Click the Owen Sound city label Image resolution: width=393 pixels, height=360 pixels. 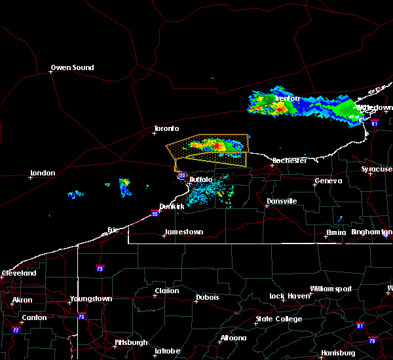pyautogui.click(x=73, y=67)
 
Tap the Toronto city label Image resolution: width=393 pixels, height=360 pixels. pyautogui.click(x=166, y=128)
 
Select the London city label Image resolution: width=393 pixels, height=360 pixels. pyautogui.click(x=43, y=173)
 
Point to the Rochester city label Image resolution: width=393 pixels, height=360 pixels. pyautogui.click(x=290, y=160)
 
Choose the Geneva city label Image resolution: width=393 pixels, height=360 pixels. pyautogui.click(x=329, y=181)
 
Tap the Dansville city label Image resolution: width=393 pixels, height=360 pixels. pyautogui.click(x=282, y=201)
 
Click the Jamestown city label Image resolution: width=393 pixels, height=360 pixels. pyautogui.click(x=184, y=232)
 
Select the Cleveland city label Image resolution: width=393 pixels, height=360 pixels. pyautogui.click(x=18, y=272)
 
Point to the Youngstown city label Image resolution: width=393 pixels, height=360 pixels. pyautogui.click(x=92, y=298)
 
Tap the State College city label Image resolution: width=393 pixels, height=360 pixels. pyautogui.click(x=279, y=319)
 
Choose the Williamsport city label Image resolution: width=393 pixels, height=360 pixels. pyautogui.click(x=331, y=289)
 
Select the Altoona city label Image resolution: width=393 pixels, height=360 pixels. pyautogui.click(x=233, y=338)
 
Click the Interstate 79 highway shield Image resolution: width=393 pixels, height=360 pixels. pyautogui.click(x=100, y=268)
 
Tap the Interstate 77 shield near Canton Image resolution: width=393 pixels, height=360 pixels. pyautogui.click(x=16, y=329)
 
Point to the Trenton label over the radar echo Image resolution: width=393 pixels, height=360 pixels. pyautogui.click(x=288, y=99)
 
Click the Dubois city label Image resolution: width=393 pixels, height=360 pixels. pyautogui.click(x=206, y=298)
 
